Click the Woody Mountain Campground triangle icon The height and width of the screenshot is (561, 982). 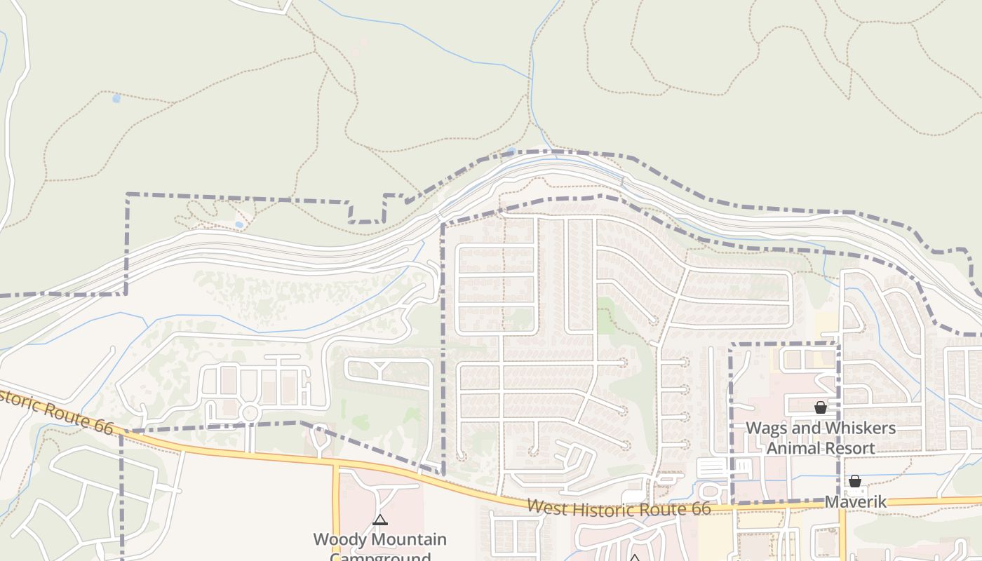[380, 520]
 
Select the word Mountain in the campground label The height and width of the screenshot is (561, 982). [410, 540]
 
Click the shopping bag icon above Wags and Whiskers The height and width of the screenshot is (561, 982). [820, 407]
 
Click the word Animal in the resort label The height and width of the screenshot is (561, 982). [794, 448]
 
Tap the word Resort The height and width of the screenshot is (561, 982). [850, 448]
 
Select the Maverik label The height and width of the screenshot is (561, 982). [856, 502]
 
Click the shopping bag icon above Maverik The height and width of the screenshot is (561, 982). [855, 481]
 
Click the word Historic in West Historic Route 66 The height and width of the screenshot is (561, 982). [596, 507]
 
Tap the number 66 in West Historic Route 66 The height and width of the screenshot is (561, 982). [700, 509]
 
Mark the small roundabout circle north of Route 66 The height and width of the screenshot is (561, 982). [249, 412]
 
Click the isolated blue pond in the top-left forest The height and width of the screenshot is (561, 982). [116, 99]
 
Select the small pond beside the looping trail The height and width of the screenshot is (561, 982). [239, 224]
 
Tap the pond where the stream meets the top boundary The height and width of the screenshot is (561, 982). [511, 151]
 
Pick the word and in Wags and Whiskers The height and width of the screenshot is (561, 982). [806, 428]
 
